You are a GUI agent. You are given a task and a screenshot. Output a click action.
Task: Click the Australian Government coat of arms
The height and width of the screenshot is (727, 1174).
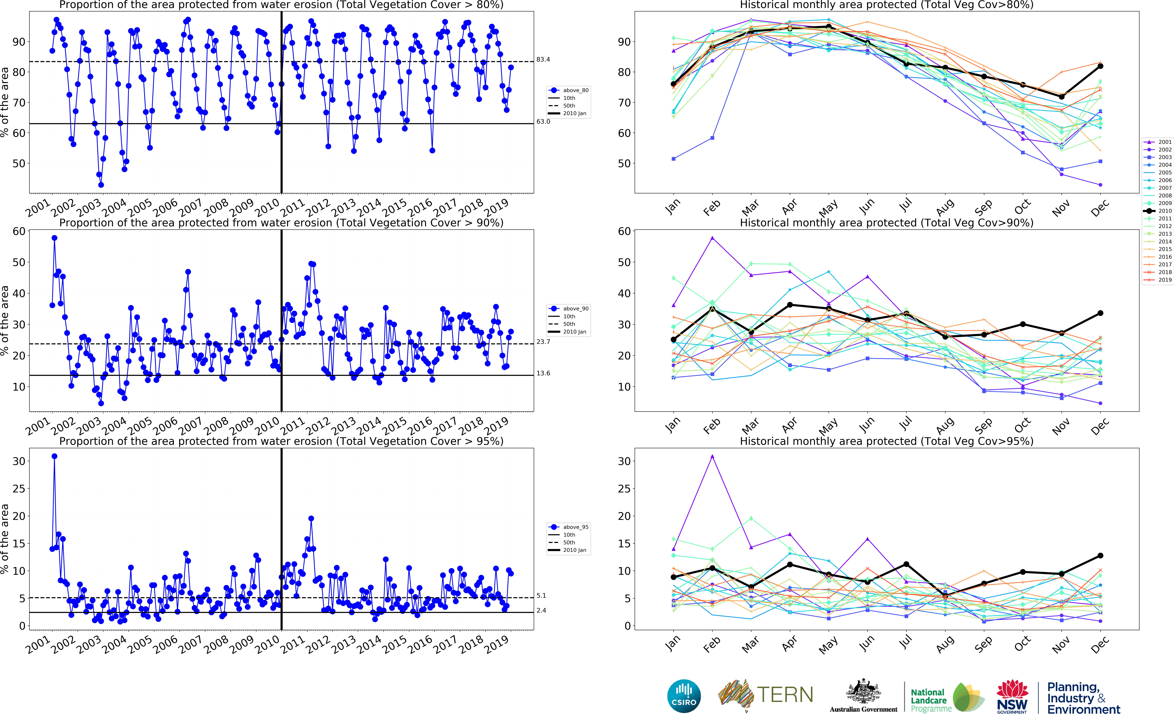(x=863, y=692)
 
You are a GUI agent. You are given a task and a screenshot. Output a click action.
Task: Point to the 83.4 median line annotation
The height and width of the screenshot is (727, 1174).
(x=543, y=60)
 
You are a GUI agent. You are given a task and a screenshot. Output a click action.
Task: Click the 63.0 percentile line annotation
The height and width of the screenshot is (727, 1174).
(x=543, y=122)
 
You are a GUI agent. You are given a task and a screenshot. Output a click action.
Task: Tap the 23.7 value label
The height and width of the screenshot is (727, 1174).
(x=543, y=342)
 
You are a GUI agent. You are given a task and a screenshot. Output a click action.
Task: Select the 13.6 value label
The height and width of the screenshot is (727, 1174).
(x=543, y=373)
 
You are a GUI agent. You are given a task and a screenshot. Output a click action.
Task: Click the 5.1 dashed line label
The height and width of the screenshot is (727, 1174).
(x=541, y=596)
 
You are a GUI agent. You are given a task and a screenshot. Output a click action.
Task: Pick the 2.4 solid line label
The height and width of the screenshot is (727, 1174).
(x=541, y=611)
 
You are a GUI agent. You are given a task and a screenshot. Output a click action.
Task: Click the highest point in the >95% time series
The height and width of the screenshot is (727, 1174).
(x=54, y=456)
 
